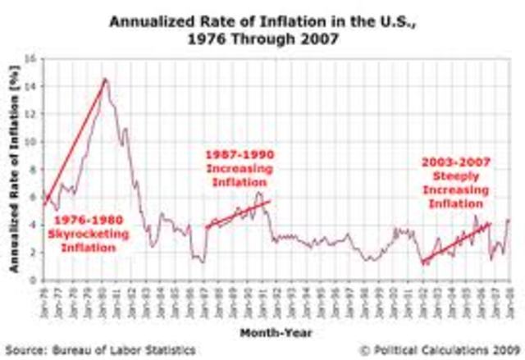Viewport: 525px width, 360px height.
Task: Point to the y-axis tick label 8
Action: [x=30, y=169]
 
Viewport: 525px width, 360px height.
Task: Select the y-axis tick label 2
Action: [x=30, y=252]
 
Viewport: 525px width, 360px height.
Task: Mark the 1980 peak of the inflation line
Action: [x=105, y=80]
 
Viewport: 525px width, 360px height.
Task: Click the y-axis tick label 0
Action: [x=30, y=280]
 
